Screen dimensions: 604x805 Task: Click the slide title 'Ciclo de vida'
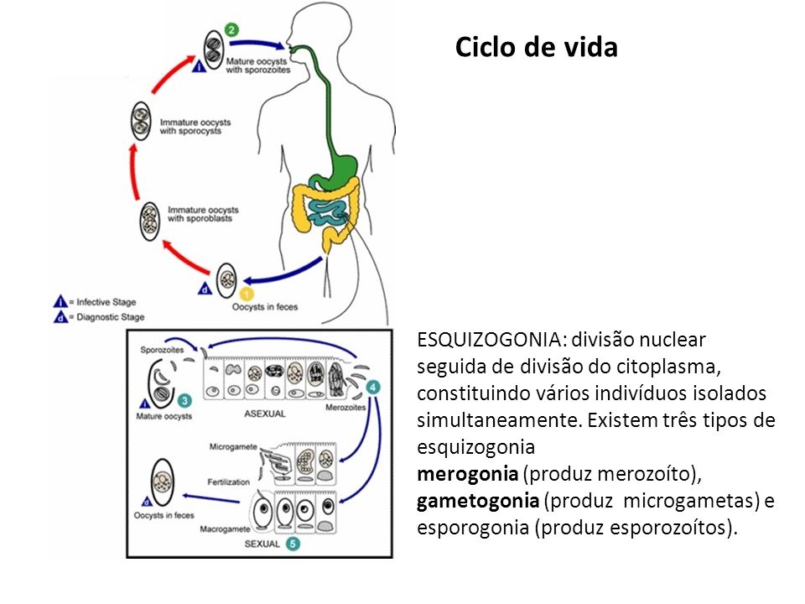[x=536, y=47]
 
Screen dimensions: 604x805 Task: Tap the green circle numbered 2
[x=232, y=30]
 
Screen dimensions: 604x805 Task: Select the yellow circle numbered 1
[x=247, y=294]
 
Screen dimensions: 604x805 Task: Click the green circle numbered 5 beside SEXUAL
[x=290, y=544]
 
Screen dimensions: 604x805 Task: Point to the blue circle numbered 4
[x=374, y=387]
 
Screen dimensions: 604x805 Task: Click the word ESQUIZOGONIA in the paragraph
[x=487, y=340]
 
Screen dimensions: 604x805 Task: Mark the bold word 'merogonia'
[x=466, y=474]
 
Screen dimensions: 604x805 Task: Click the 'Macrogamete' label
[x=225, y=531]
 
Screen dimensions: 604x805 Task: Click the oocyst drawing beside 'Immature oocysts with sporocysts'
[x=140, y=122]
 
